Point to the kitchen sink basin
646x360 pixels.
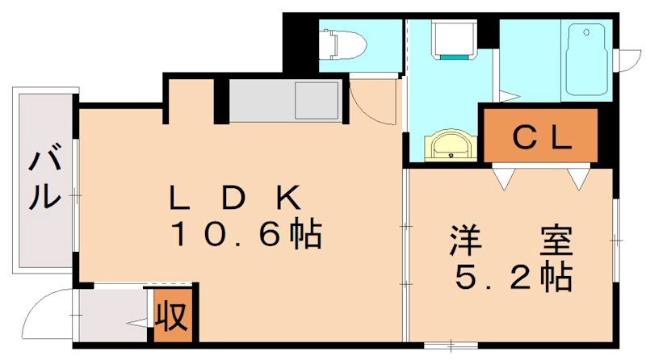click(x=313, y=100)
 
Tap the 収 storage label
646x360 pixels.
click(x=172, y=313)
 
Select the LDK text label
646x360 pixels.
click(x=234, y=197)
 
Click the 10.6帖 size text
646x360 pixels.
click(x=245, y=235)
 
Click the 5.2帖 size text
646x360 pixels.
click(x=514, y=278)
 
